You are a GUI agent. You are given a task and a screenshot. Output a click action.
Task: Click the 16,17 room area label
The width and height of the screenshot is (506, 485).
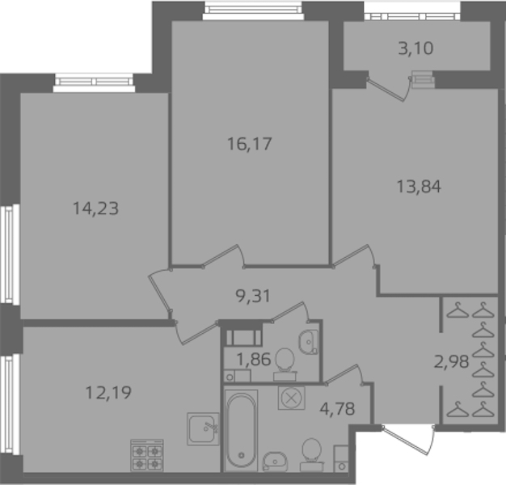tap(250, 144)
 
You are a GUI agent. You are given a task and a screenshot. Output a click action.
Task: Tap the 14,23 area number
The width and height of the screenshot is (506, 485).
tap(96, 209)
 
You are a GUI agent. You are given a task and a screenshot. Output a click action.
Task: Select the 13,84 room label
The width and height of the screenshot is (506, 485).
tap(419, 187)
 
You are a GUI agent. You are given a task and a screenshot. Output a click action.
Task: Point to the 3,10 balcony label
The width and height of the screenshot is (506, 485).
tap(415, 48)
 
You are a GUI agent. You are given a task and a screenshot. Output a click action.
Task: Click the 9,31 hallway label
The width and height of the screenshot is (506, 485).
tap(253, 296)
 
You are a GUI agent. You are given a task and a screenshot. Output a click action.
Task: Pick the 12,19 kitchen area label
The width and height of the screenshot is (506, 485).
tap(108, 393)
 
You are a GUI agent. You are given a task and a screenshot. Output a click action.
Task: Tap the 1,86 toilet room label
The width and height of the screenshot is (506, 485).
tap(254, 359)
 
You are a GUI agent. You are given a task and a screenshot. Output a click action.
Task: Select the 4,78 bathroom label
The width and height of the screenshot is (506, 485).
tap(337, 409)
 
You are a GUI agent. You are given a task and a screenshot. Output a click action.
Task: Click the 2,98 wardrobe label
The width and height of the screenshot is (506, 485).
tap(451, 362)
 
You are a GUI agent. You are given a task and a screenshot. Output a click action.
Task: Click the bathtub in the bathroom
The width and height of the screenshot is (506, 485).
tap(242, 431)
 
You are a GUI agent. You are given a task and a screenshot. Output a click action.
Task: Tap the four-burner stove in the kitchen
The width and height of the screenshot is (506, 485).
tap(147, 455)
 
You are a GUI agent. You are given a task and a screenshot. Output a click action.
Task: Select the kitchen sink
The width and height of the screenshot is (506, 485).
tap(203, 429)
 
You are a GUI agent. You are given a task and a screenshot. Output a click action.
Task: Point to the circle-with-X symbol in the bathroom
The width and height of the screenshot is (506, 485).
tap(292, 399)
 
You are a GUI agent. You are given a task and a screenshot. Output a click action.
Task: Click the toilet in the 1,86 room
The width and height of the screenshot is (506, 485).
tap(285, 364)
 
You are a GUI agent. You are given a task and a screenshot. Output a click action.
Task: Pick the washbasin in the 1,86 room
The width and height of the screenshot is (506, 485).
tap(309, 342)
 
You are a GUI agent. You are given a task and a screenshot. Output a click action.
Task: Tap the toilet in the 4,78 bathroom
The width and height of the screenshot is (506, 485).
tap(312, 454)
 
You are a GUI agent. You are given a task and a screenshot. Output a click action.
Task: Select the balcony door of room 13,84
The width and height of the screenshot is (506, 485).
tap(389, 89)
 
